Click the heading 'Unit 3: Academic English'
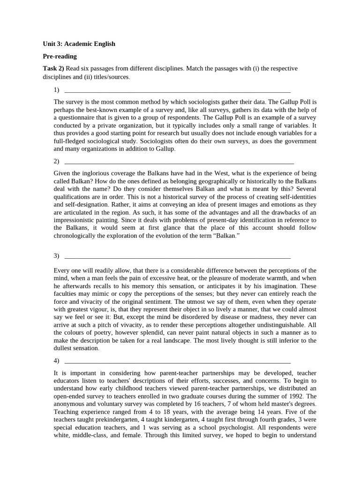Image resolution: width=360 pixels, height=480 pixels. pyautogui.click(x=79, y=44)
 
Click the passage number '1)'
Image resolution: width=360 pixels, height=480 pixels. pyautogui.click(x=57, y=90)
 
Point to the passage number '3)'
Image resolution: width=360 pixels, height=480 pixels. pyautogui.click(x=57, y=255)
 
